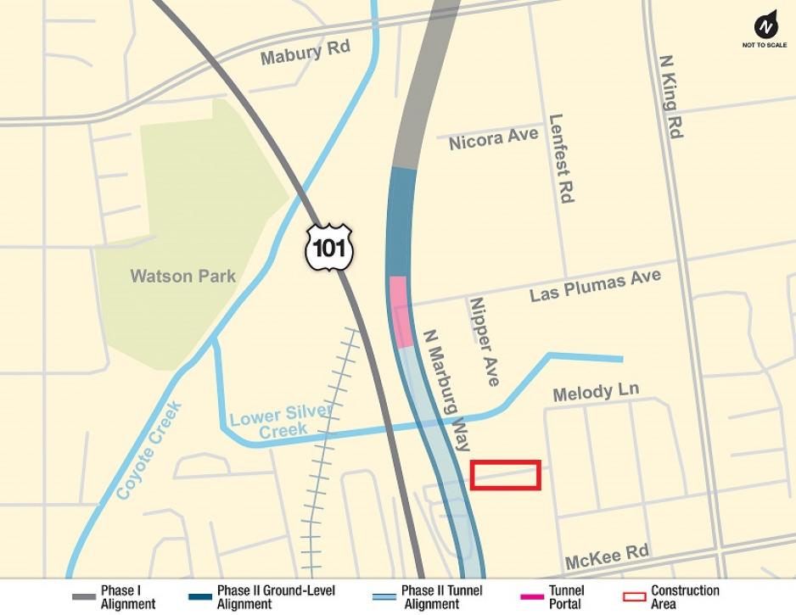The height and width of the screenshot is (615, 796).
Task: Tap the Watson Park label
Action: [x=182, y=277]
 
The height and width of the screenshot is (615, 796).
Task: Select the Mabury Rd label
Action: [x=305, y=53]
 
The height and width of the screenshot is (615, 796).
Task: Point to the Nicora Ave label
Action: [x=493, y=138]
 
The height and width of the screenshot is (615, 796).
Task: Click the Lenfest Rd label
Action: [x=562, y=159]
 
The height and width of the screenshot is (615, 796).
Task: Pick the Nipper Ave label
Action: [x=484, y=341]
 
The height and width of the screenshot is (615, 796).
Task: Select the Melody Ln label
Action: [x=595, y=392]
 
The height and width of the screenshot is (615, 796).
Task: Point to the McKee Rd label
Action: [x=607, y=556]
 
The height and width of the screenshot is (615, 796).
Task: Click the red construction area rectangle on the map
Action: [x=506, y=475]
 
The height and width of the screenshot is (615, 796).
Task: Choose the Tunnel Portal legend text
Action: [x=566, y=597]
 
